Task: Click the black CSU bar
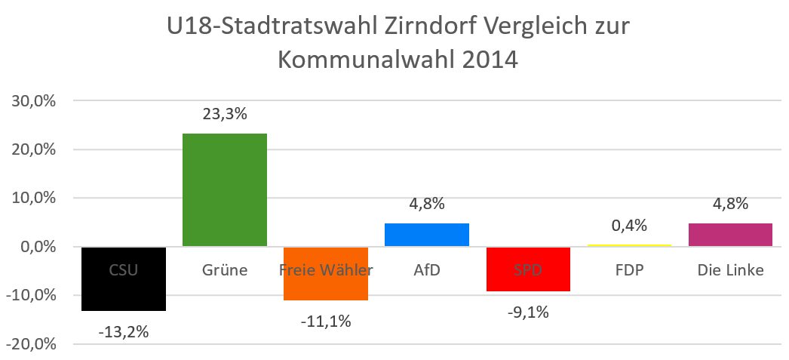[x=124, y=291]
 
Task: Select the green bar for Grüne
[x=225, y=189]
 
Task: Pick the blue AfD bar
[x=427, y=235]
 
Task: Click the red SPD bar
[x=528, y=279]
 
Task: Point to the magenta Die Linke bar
[x=730, y=235]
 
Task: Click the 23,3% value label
[x=225, y=115]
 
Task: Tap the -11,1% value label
[x=326, y=321]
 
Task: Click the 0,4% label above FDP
[x=629, y=226]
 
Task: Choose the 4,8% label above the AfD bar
[x=427, y=204]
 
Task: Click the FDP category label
[x=629, y=269]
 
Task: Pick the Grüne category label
[x=225, y=269]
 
